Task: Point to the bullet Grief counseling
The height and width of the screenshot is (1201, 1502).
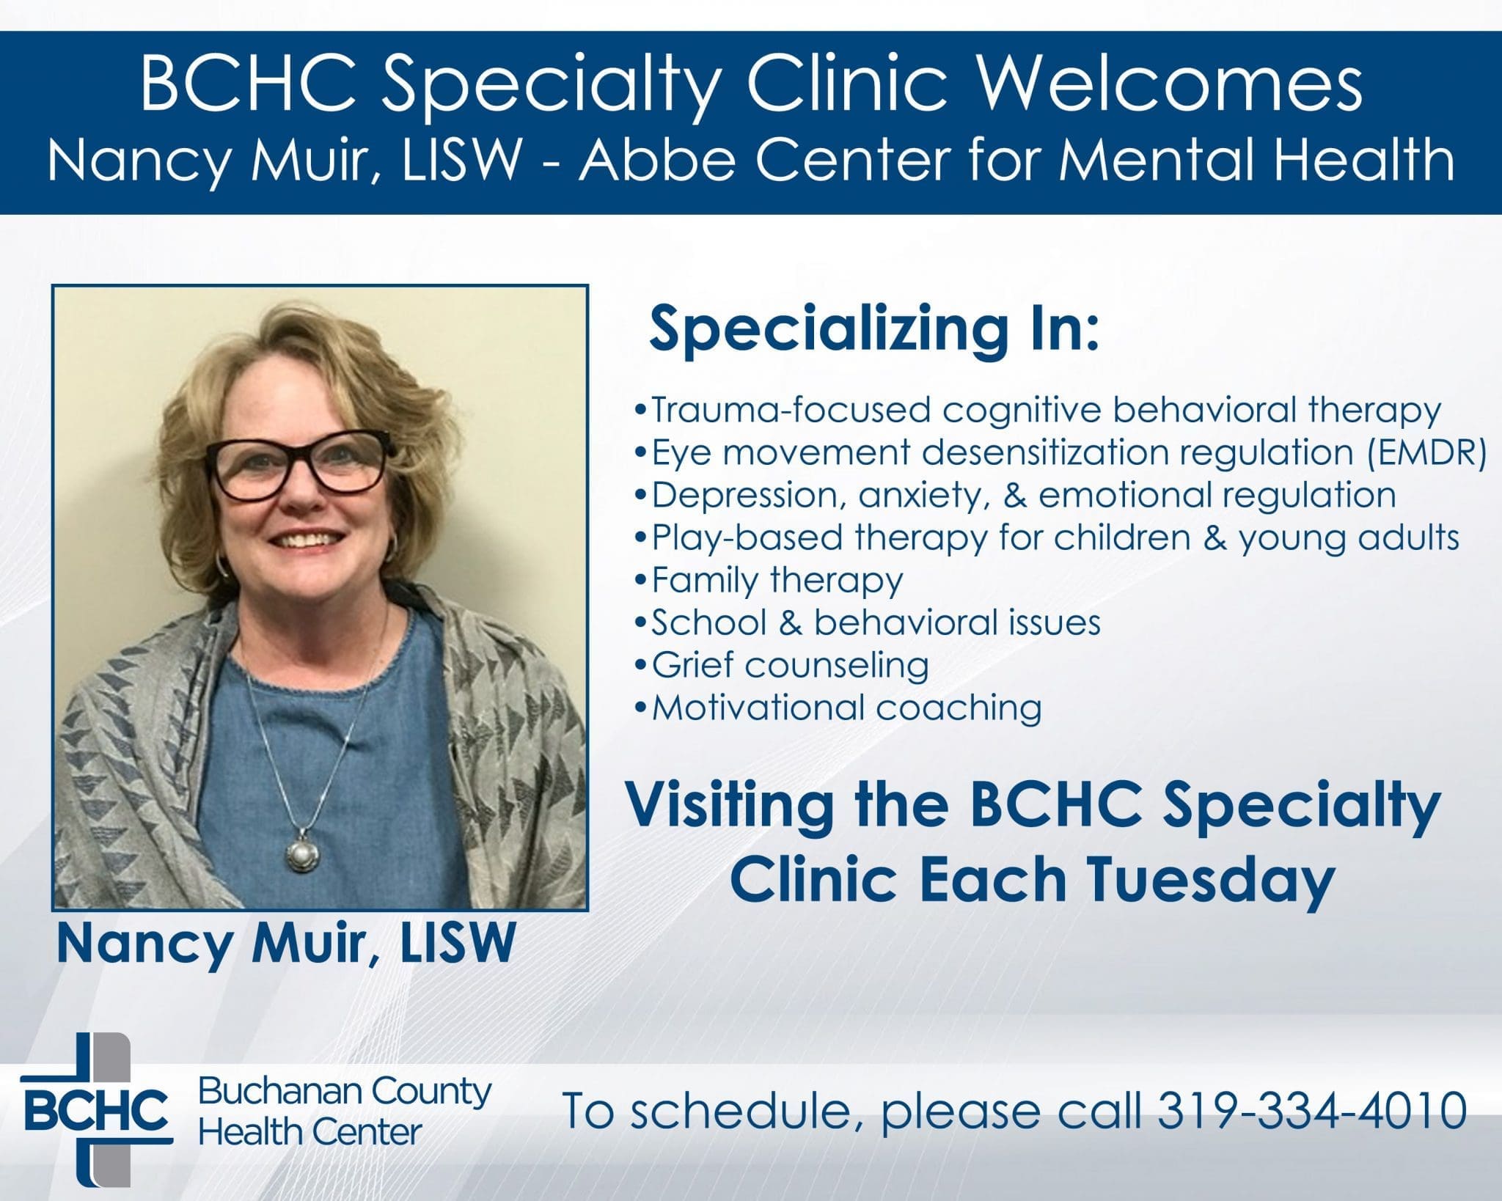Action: point(781,665)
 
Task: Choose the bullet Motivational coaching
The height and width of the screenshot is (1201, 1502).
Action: point(838,707)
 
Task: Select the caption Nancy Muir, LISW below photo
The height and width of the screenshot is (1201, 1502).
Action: point(286,944)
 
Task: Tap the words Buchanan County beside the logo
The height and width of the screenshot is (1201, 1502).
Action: point(345,1092)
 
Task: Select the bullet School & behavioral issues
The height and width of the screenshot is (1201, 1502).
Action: point(868,622)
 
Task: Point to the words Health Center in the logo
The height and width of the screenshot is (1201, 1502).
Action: point(310,1132)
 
